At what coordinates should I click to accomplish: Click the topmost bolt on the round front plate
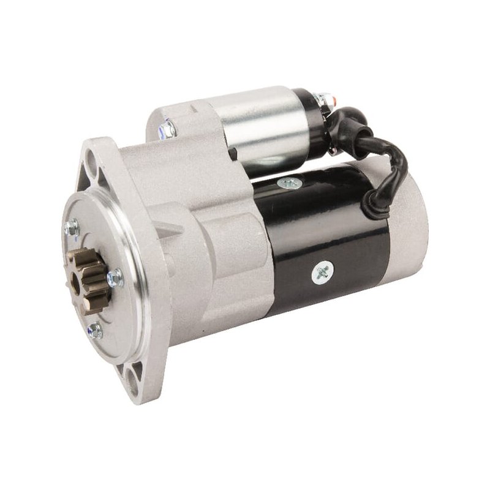(x=71, y=227)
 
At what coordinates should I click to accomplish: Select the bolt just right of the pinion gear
(x=115, y=279)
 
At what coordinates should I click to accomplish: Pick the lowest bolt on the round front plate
(x=94, y=331)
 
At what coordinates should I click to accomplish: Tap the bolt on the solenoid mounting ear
(x=167, y=128)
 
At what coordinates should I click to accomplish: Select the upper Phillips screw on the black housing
(x=289, y=183)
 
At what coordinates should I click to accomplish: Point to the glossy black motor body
(x=331, y=233)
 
